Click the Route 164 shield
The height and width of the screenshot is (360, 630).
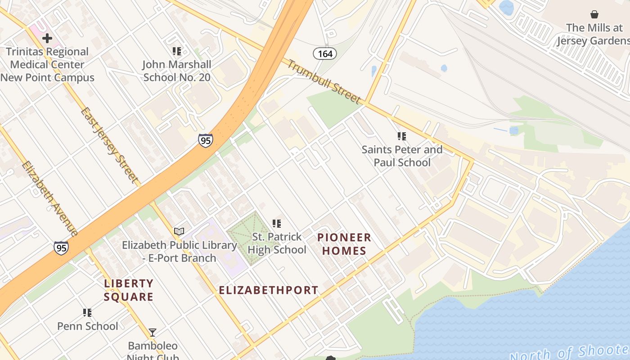325,54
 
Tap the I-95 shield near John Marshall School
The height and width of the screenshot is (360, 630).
205,140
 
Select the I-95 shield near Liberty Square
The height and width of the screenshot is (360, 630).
61,248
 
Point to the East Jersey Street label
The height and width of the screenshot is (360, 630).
110,144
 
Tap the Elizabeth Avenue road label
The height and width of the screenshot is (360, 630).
49,198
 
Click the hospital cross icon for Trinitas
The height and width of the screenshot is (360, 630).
47,38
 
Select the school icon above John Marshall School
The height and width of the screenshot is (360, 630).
177,51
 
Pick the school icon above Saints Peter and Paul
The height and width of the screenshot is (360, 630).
402,136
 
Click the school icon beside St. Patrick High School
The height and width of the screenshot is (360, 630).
277,223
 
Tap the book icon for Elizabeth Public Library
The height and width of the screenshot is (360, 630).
179,232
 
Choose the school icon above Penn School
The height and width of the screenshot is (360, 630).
87,312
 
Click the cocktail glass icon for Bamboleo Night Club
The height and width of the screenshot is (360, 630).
153,333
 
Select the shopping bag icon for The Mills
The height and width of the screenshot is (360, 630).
594,14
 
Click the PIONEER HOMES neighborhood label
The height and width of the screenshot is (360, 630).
344,244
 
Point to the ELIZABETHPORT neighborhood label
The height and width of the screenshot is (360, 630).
269,290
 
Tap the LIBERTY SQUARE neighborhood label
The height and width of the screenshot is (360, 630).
129,290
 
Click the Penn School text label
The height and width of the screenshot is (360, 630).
88,326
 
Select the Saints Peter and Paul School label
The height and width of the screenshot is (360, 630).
402,156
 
